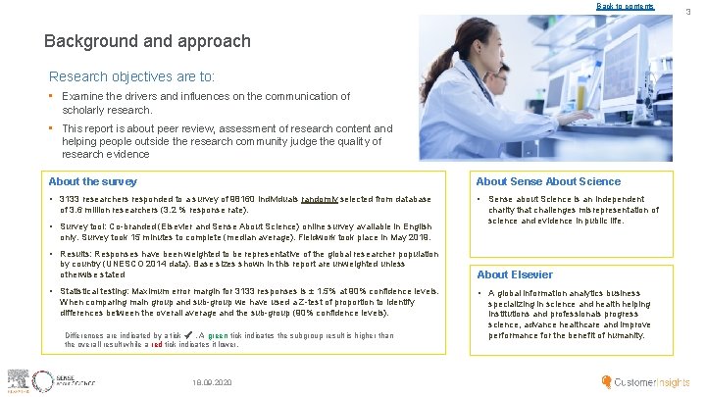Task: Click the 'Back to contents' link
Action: [626, 7]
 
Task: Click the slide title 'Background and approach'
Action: [147, 42]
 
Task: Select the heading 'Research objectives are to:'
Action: [132, 76]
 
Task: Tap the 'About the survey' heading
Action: [93, 181]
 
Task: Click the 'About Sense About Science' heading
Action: [548, 181]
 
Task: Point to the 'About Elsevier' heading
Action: [514, 274]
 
